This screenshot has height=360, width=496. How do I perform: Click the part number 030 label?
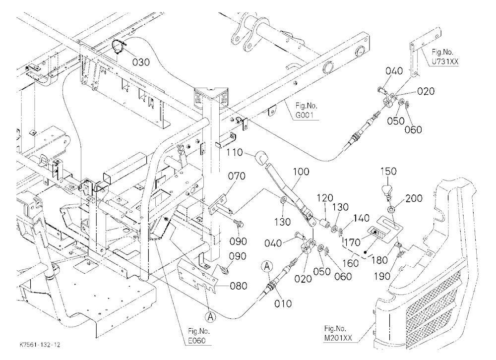[141, 62]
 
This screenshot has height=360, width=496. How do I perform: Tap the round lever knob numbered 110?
[260, 158]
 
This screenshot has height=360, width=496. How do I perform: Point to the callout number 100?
[301, 172]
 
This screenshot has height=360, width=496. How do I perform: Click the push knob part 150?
[386, 190]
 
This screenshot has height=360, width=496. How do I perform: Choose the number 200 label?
[414, 198]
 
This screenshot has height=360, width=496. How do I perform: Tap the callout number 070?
[236, 176]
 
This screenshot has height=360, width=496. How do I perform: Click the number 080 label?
[238, 286]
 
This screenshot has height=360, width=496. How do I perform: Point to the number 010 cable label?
[283, 303]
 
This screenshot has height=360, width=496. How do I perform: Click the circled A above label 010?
[267, 266]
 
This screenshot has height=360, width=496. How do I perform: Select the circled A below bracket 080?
[211, 316]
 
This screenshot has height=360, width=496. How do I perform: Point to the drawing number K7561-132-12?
[40, 345]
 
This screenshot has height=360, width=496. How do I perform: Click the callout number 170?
[352, 242]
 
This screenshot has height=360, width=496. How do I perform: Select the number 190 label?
[382, 276]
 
